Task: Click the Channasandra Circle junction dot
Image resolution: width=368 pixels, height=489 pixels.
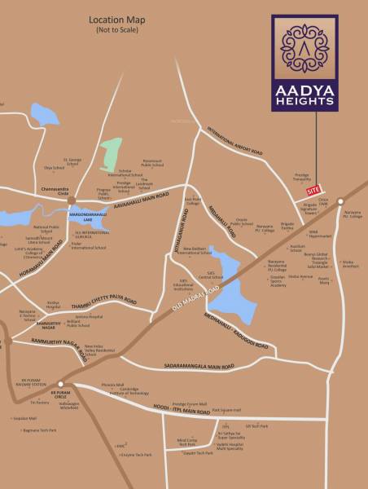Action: click(72, 199)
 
